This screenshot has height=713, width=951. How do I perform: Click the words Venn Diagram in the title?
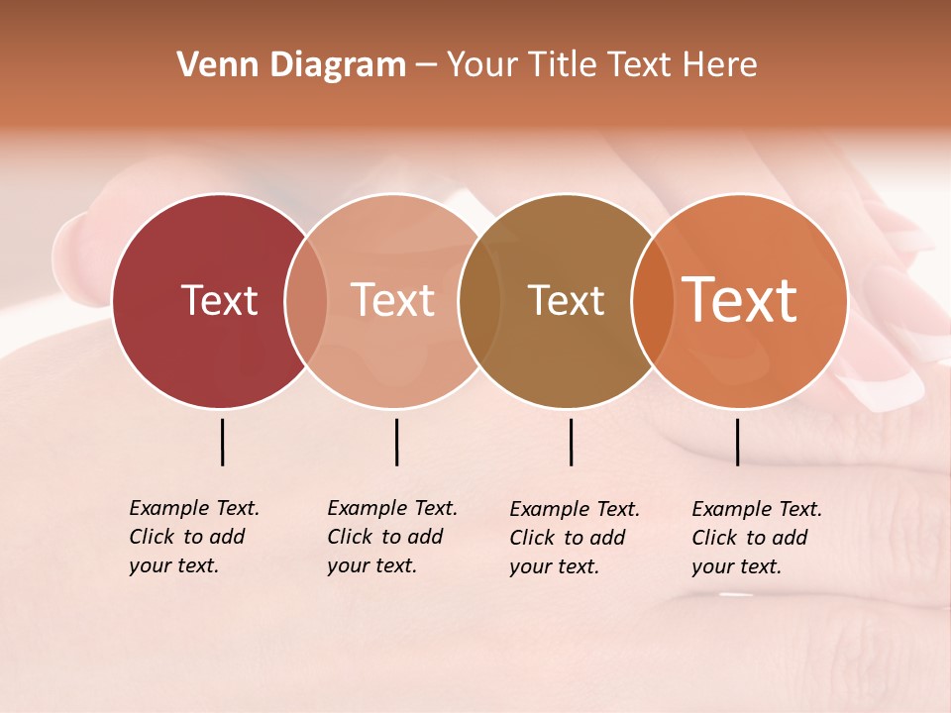291,65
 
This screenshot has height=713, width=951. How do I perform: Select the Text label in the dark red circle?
219,300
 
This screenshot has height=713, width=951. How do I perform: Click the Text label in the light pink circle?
393,300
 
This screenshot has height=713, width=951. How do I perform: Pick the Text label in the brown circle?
566,300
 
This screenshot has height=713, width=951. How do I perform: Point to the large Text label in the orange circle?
739,300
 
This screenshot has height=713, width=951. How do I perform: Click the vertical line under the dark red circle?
222,442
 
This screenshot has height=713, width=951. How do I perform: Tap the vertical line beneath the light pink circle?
396,442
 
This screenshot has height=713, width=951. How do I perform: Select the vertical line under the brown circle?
571,442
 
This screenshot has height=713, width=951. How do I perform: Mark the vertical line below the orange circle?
737,442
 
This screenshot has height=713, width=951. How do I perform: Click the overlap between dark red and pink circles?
306,300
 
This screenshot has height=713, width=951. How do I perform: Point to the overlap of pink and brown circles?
477,300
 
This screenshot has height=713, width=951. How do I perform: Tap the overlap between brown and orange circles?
650,300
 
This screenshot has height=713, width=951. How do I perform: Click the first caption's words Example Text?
194,508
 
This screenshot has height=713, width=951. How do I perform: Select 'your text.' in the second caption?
371,565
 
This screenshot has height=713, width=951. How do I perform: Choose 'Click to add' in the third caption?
568,538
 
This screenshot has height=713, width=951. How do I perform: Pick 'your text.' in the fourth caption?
736,566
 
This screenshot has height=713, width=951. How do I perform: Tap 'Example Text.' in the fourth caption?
757,509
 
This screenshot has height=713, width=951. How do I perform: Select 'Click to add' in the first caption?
187,537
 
